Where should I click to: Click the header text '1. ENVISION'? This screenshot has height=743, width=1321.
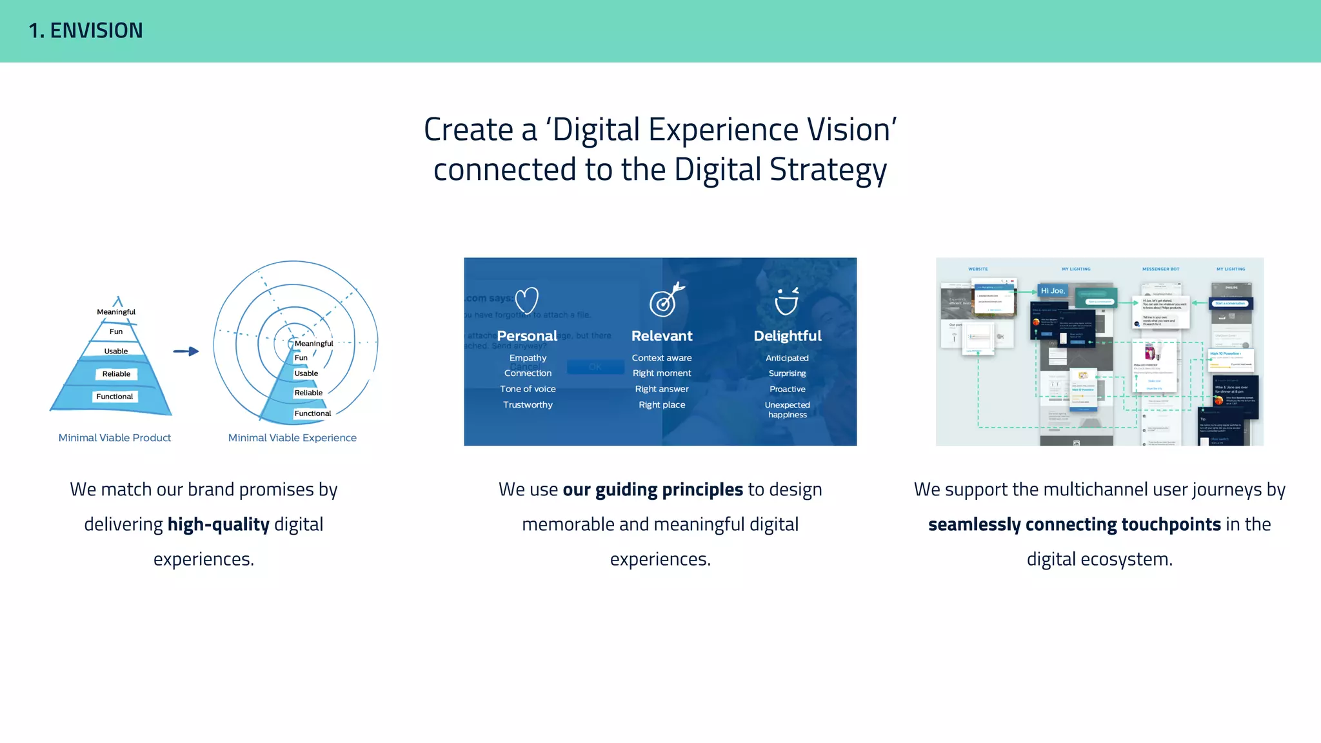86,30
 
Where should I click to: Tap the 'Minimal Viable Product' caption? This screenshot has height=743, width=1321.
115,438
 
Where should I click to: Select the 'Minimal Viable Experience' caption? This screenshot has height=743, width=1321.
292,438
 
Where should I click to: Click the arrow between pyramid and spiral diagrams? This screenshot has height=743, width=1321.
186,352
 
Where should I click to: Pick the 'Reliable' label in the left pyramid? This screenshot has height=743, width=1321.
116,374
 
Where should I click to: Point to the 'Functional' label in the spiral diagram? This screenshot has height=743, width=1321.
313,413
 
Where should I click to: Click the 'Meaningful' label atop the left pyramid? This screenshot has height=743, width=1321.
116,312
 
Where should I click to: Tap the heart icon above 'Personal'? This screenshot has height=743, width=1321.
527,301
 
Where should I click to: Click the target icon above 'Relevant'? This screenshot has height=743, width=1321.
664,301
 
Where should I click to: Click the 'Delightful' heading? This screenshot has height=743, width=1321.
788,336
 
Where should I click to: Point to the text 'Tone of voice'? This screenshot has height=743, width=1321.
528,389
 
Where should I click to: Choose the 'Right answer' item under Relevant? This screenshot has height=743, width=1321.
662,389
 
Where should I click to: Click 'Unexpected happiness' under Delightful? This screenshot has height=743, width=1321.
788,410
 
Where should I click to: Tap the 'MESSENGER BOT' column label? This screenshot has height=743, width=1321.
1160,269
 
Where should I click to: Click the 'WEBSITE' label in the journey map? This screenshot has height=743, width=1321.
978,269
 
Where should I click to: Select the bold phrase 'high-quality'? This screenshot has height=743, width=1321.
218,524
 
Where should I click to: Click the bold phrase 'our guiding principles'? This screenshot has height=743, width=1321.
653,490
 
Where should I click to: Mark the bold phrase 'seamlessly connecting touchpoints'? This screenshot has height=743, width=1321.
1075,524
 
